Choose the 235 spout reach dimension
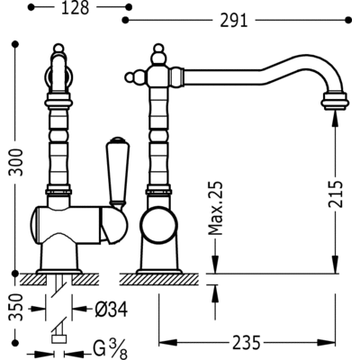(x=245, y=343)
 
